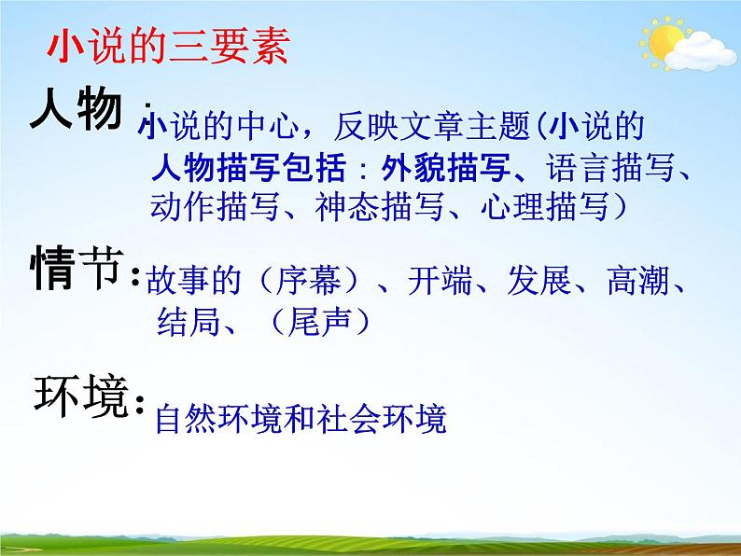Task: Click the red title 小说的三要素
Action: (168, 48)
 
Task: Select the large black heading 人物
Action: (77, 110)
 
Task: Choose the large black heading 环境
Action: (78, 398)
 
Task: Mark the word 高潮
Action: (638, 283)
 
